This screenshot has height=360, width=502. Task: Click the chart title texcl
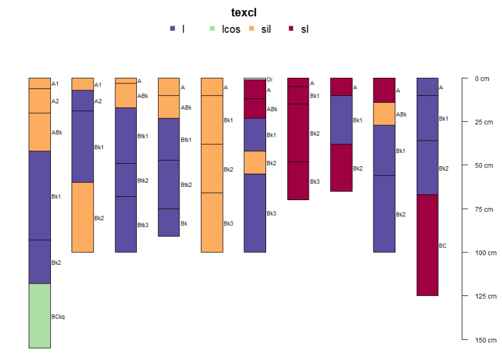[244, 12]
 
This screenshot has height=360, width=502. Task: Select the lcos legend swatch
[211, 29]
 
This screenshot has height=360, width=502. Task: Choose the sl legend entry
[304, 29]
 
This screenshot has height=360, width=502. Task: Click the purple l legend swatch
[173, 29]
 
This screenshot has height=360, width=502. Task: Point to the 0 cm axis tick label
[482, 78]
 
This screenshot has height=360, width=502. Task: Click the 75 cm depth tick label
[482, 209]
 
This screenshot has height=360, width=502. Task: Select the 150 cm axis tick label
[482, 340]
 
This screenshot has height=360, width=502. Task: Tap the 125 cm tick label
[482, 296]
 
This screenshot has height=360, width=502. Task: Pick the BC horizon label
[442, 246]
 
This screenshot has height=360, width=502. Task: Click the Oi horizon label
[269, 80]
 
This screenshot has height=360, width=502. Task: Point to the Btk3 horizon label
[143, 225]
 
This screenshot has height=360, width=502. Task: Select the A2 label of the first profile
[55, 101]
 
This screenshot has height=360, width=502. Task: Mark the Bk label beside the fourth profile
[184, 223]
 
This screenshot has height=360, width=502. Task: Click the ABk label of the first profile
[56, 132]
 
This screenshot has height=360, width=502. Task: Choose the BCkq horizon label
[58, 317]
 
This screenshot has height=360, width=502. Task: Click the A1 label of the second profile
[98, 85]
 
